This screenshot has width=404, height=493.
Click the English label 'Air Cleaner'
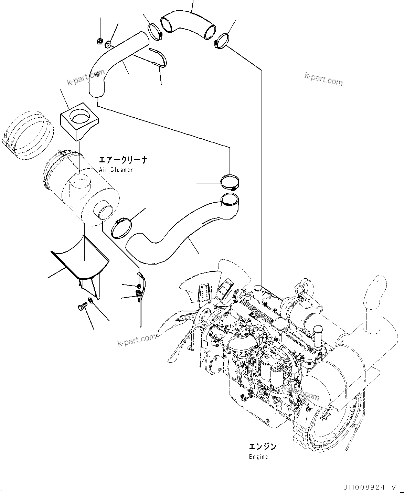coord(115,170)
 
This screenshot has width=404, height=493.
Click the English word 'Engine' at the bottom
coord(258,457)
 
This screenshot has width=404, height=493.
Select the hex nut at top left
coord(98,41)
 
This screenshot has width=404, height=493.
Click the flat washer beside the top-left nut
coord(108,44)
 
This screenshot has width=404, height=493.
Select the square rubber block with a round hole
coord(79,121)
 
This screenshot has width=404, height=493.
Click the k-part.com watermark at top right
coord(323,80)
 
